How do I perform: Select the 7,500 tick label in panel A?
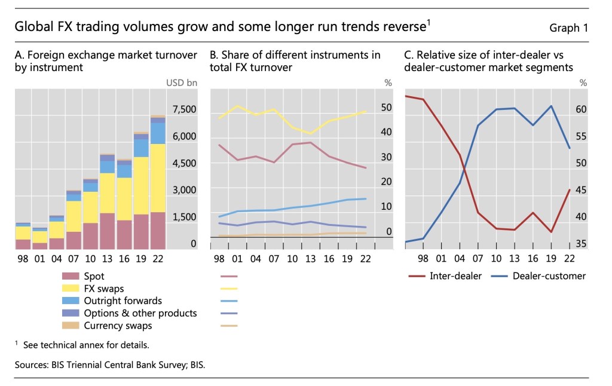[x=183, y=109]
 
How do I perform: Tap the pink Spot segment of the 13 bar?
[x=107, y=231]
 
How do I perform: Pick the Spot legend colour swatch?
[x=71, y=276]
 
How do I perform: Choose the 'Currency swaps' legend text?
[x=118, y=326]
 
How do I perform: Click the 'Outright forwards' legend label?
[x=123, y=301]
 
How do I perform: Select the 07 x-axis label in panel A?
[x=74, y=259]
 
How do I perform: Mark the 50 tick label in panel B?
[x=387, y=108]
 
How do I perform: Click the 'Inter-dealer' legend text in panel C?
[x=455, y=276]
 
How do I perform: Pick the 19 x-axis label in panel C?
[x=551, y=259]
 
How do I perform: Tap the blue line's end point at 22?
[x=570, y=148]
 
